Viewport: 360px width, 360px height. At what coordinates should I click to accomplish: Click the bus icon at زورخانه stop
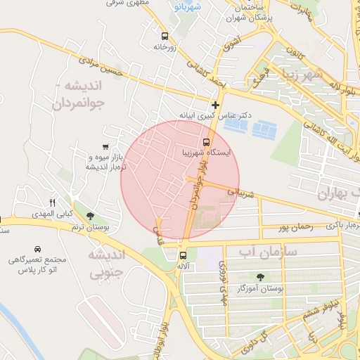[x=165, y=36]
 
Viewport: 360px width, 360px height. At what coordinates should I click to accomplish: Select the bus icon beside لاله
[x=183, y=256]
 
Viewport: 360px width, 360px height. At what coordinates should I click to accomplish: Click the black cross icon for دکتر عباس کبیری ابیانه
[x=215, y=105]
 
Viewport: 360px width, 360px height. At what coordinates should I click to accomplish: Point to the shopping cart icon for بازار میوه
[x=105, y=147]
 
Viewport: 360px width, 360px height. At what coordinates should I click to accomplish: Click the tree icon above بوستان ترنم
[x=90, y=216]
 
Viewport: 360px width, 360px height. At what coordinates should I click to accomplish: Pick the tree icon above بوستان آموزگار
[x=261, y=277]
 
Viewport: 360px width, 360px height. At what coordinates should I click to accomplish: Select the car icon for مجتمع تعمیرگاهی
[x=37, y=250]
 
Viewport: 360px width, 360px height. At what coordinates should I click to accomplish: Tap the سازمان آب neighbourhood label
[x=269, y=251]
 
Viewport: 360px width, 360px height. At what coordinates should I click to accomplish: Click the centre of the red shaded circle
[x=180, y=179]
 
